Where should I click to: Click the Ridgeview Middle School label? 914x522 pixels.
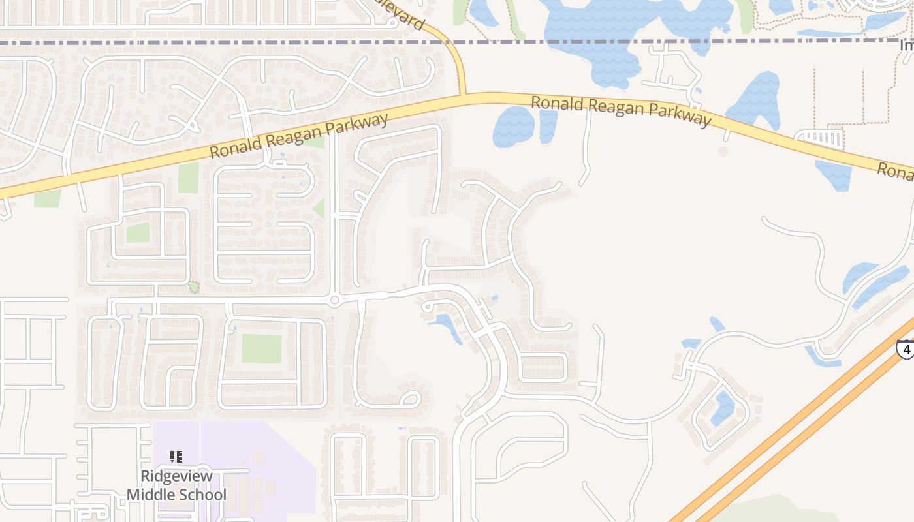pos(176,485)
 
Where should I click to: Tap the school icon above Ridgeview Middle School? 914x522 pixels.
pos(176,457)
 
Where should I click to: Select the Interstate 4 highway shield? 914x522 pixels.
pos(906,349)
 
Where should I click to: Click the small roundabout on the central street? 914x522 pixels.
pos(335,300)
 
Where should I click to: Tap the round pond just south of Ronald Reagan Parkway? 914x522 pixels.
pos(513,126)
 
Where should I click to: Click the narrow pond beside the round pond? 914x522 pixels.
pos(548,126)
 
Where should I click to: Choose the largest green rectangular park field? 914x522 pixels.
pos(261,348)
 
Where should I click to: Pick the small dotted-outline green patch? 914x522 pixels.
pos(194,287)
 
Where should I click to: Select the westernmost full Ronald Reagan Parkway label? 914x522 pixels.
pos(299,136)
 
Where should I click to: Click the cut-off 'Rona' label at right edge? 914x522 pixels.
pos(894,171)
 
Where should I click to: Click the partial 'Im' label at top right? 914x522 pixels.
pos(906,46)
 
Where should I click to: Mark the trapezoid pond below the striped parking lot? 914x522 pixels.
pos(834,175)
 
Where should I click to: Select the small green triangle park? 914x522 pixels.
pos(319,209)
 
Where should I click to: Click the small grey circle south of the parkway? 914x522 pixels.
pos(723,151)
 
